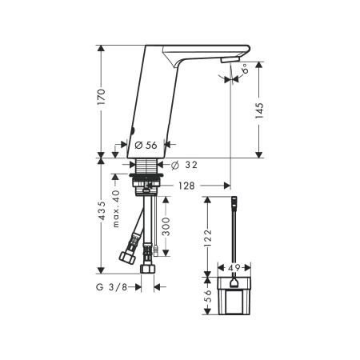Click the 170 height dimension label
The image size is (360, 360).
[x=102, y=97]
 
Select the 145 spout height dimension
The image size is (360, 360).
[x=259, y=110]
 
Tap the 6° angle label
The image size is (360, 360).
[x=245, y=69]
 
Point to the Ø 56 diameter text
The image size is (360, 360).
[x=146, y=145]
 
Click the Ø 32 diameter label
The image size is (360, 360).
[x=184, y=165]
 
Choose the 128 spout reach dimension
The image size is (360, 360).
[x=186, y=186]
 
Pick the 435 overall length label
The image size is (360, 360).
[x=102, y=210]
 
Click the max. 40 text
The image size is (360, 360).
[x=116, y=209]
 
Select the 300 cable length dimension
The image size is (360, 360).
[x=166, y=226]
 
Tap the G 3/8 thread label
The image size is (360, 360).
[x=111, y=287]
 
